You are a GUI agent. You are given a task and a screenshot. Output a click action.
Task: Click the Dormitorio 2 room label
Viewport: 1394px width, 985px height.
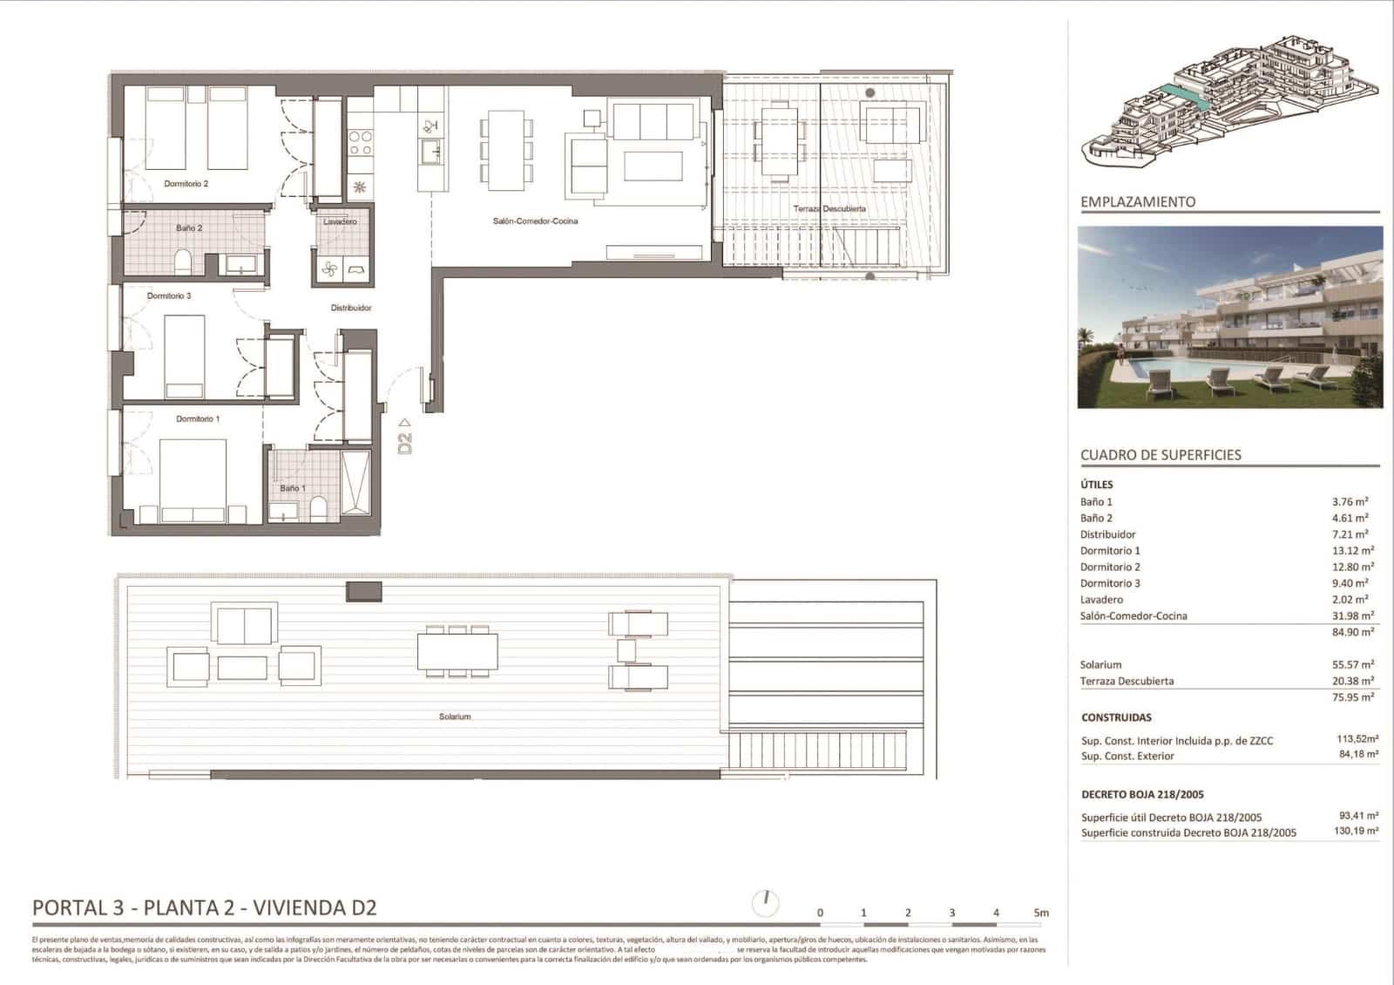(186, 184)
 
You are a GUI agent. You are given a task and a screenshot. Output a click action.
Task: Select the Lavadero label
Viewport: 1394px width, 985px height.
(341, 221)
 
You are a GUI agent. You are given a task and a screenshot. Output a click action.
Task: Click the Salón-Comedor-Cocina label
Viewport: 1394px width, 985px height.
(535, 221)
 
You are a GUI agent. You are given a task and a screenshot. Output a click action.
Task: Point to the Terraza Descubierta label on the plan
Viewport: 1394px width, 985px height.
(829, 209)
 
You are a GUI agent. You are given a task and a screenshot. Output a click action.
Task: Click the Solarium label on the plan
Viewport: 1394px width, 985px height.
(454, 717)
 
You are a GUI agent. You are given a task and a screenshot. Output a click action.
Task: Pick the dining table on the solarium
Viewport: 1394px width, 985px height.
(457, 651)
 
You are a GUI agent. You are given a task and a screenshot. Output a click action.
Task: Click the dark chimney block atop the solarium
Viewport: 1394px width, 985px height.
(364, 592)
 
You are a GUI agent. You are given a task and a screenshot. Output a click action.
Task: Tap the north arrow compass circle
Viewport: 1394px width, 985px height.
(765, 902)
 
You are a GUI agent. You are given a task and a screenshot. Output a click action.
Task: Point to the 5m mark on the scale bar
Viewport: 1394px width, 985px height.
(1041, 913)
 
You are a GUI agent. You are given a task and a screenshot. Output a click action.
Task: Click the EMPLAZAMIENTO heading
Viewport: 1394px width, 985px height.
(1138, 202)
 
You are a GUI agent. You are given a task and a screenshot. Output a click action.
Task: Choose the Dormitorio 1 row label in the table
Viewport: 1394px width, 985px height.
(1110, 551)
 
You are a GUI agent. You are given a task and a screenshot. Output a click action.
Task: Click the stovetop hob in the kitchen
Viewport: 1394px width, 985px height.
(360, 143)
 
